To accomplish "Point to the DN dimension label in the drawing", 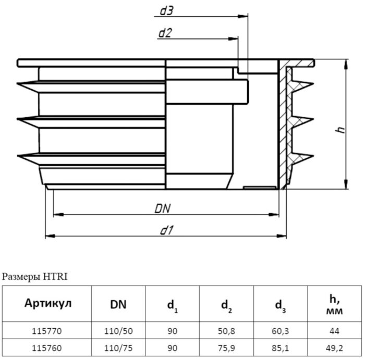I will [x=164, y=208].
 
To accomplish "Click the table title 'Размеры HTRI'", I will [x=35, y=276].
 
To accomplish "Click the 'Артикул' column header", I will [x=47, y=304].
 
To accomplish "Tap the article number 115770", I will [x=47, y=330].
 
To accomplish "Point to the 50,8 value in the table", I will [x=226, y=330].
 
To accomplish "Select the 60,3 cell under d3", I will [x=281, y=330].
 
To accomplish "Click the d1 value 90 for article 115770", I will [x=172, y=330].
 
